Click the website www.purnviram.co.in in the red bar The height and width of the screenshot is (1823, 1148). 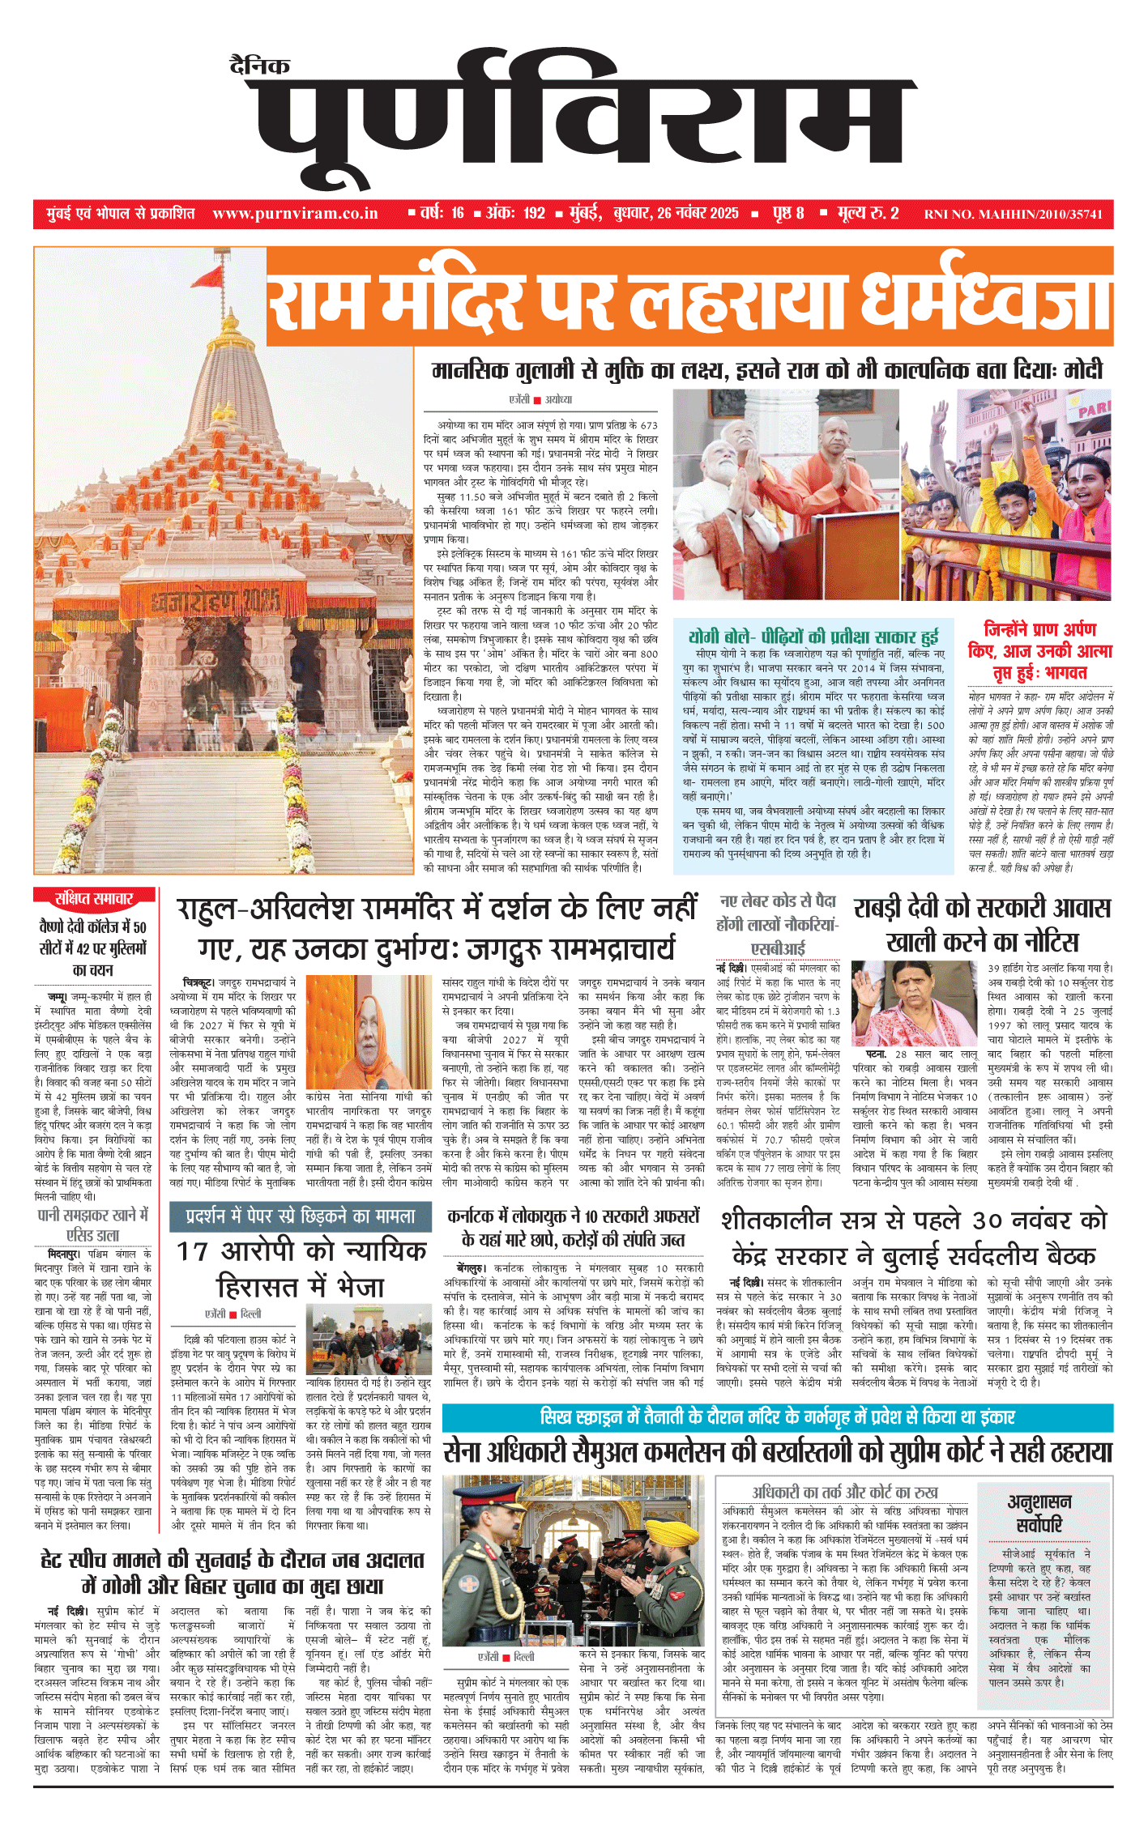(295, 214)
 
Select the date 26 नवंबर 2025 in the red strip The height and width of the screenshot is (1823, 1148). (698, 214)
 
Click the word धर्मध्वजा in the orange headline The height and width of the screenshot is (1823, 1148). (984, 298)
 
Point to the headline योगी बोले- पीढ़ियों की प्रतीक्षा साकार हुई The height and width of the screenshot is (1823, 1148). (813, 636)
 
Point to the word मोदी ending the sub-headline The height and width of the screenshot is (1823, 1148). (1083, 371)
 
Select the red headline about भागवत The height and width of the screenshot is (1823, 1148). (1040, 651)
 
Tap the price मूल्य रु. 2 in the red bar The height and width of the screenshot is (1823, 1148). (868, 214)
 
